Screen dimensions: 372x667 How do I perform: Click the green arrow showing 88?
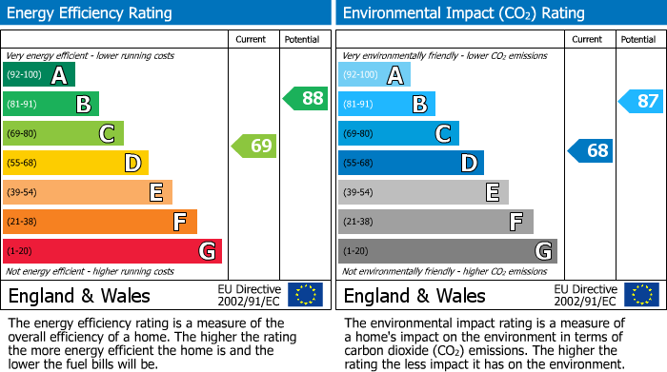tap(306, 98)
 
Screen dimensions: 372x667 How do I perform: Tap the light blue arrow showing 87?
tap(641, 101)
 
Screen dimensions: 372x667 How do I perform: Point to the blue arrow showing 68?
tap(591, 150)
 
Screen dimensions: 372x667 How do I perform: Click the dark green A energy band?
tap(39, 75)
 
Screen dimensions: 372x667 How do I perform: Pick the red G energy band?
tap(112, 251)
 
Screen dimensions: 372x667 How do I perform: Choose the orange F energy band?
tap(100, 222)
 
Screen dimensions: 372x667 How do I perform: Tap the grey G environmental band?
tap(448, 251)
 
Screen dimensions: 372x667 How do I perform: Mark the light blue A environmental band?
tap(374, 75)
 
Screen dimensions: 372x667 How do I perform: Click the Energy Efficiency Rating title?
tap(91, 13)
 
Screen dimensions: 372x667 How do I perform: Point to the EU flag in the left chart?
tap(305, 294)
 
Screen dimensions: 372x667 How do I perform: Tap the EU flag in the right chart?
tap(640, 294)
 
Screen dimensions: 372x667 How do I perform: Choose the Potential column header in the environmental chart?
tap(638, 39)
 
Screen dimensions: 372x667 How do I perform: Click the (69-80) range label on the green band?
tap(23, 133)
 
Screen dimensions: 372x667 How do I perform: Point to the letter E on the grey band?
tap(493, 192)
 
